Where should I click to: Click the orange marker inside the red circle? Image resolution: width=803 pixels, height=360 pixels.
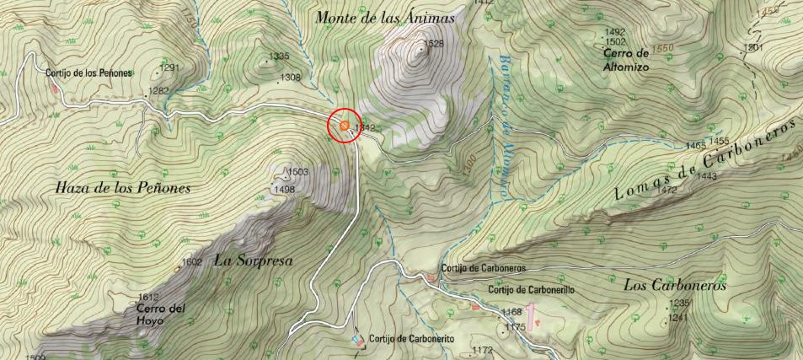(345, 126)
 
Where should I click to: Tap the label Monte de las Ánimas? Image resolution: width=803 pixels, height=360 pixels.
(385, 17)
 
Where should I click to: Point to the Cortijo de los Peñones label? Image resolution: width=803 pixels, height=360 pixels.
(88, 73)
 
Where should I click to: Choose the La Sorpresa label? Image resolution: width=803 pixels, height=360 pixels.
(253, 261)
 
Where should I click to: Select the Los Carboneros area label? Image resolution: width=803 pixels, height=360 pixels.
(675, 285)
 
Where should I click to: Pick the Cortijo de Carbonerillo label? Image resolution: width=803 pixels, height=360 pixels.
(531, 289)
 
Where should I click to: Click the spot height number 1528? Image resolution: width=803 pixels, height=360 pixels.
(433, 44)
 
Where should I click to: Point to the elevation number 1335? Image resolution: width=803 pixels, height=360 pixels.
(278, 57)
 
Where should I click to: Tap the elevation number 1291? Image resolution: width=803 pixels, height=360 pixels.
(169, 67)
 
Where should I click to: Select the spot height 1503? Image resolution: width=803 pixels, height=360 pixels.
(298, 172)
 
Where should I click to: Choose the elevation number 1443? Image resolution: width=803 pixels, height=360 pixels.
(706, 176)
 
